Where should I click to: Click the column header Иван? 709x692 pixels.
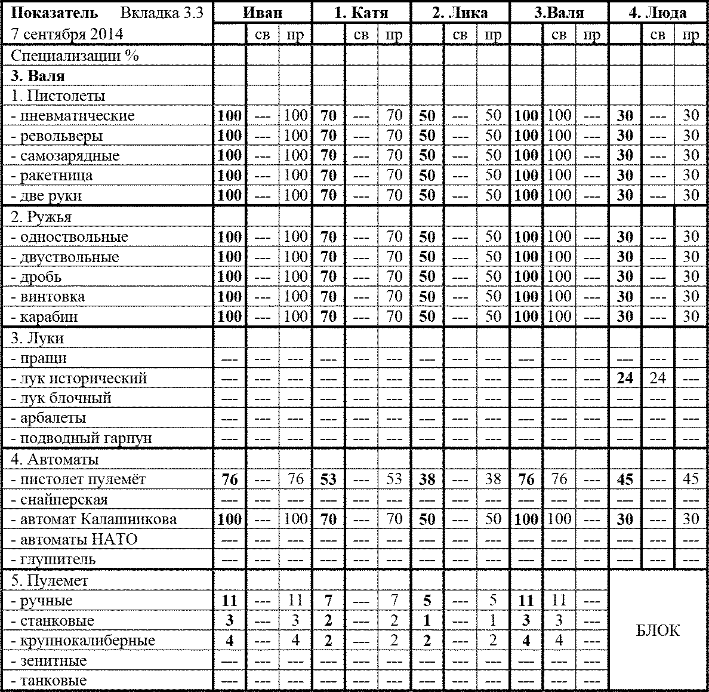(x=263, y=13)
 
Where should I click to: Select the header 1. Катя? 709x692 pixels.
(x=361, y=13)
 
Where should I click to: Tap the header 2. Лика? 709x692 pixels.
(x=460, y=13)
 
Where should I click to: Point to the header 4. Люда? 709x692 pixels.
(x=658, y=13)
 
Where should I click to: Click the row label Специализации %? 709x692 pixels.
(x=75, y=56)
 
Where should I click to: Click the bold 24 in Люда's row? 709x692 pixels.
(x=625, y=379)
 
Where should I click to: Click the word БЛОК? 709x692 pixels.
(x=658, y=631)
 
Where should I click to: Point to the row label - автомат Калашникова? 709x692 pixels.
(x=94, y=519)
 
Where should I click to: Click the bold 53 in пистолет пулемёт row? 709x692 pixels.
(x=328, y=479)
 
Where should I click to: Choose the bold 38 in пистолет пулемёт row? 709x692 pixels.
(x=427, y=479)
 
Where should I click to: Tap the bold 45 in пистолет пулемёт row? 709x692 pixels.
(x=625, y=479)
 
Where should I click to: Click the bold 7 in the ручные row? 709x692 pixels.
(x=328, y=601)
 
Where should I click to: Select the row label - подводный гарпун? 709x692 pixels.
(x=81, y=438)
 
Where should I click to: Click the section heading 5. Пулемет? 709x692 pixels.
(x=50, y=581)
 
